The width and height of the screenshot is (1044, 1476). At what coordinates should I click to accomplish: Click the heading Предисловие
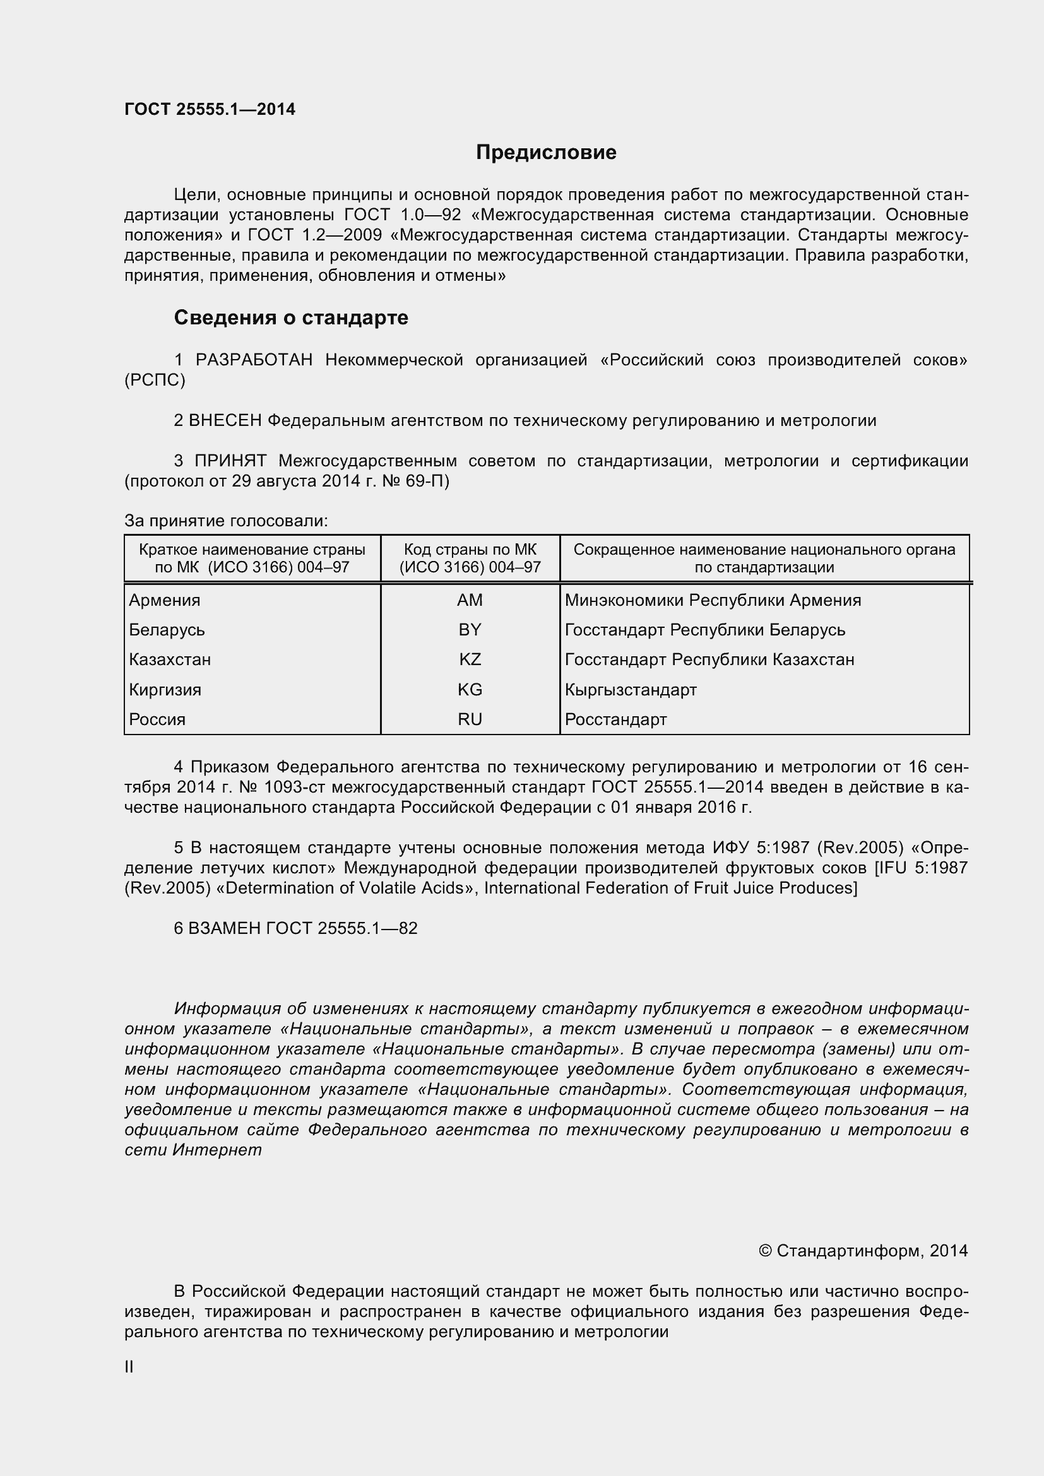[546, 152]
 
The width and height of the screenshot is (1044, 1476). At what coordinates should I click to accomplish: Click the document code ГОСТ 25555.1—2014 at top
[210, 109]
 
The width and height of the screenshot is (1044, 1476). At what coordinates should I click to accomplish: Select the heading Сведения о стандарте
[290, 317]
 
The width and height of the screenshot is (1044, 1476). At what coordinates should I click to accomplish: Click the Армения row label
[165, 599]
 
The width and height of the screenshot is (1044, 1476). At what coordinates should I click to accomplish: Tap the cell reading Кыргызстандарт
[631, 689]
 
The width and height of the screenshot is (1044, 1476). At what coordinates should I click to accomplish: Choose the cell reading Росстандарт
[615, 719]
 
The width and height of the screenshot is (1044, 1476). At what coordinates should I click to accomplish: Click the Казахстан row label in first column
[170, 659]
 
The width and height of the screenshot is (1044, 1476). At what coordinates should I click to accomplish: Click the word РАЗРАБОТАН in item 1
[254, 360]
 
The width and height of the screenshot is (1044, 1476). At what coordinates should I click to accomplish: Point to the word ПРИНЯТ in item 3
[231, 461]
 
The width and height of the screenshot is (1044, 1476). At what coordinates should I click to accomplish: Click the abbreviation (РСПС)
[155, 380]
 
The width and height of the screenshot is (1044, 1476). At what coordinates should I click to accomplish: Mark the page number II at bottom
[129, 1367]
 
